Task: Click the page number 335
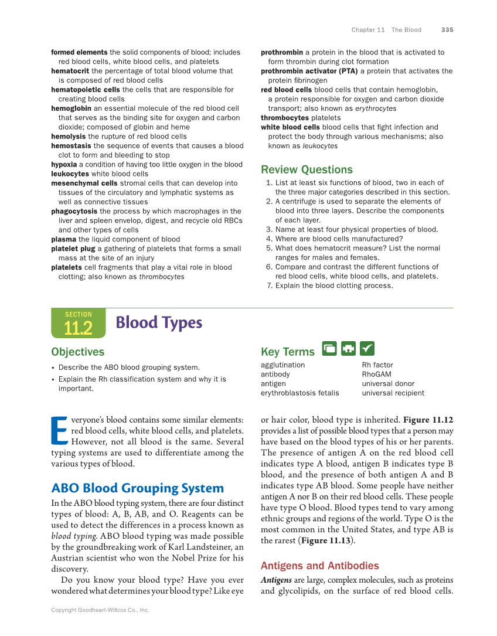(x=447, y=30)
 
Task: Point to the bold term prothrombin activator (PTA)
(x=309, y=71)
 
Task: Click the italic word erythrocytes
(x=376, y=108)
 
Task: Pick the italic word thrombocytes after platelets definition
(x=161, y=277)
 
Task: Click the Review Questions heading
(x=307, y=170)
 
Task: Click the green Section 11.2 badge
(x=79, y=323)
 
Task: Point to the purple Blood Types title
(x=159, y=322)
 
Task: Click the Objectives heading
(x=77, y=352)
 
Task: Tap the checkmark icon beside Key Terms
(x=367, y=348)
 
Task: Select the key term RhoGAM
(x=376, y=374)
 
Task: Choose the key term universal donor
(x=388, y=383)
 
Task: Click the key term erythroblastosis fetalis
(x=299, y=393)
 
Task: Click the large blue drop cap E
(x=59, y=430)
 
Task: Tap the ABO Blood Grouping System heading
(x=137, y=488)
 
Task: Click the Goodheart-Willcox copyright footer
(x=100, y=610)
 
